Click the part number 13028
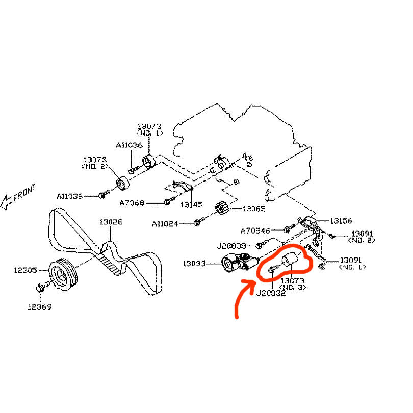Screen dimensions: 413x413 point(111,222)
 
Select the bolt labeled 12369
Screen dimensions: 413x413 point(41,289)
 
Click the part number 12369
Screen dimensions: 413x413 point(40,307)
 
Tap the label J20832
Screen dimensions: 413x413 point(270,293)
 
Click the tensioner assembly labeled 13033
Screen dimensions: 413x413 point(236,263)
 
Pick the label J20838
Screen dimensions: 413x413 point(232,245)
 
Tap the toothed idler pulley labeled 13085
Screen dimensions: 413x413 point(222,209)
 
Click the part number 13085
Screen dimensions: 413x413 point(253,209)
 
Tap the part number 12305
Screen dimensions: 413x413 point(25,270)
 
